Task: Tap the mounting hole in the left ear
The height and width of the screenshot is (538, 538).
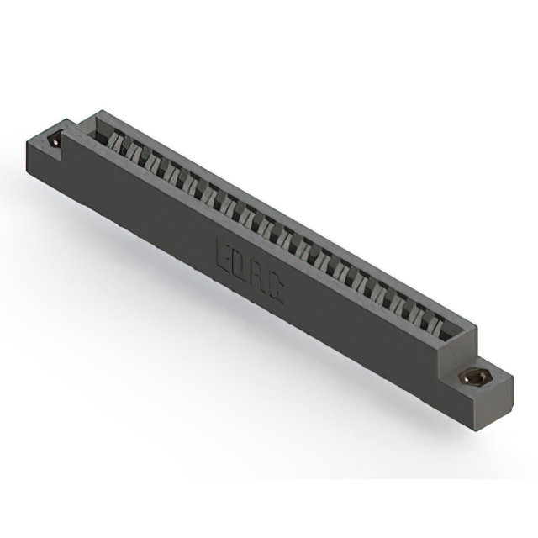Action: coord(56,140)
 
